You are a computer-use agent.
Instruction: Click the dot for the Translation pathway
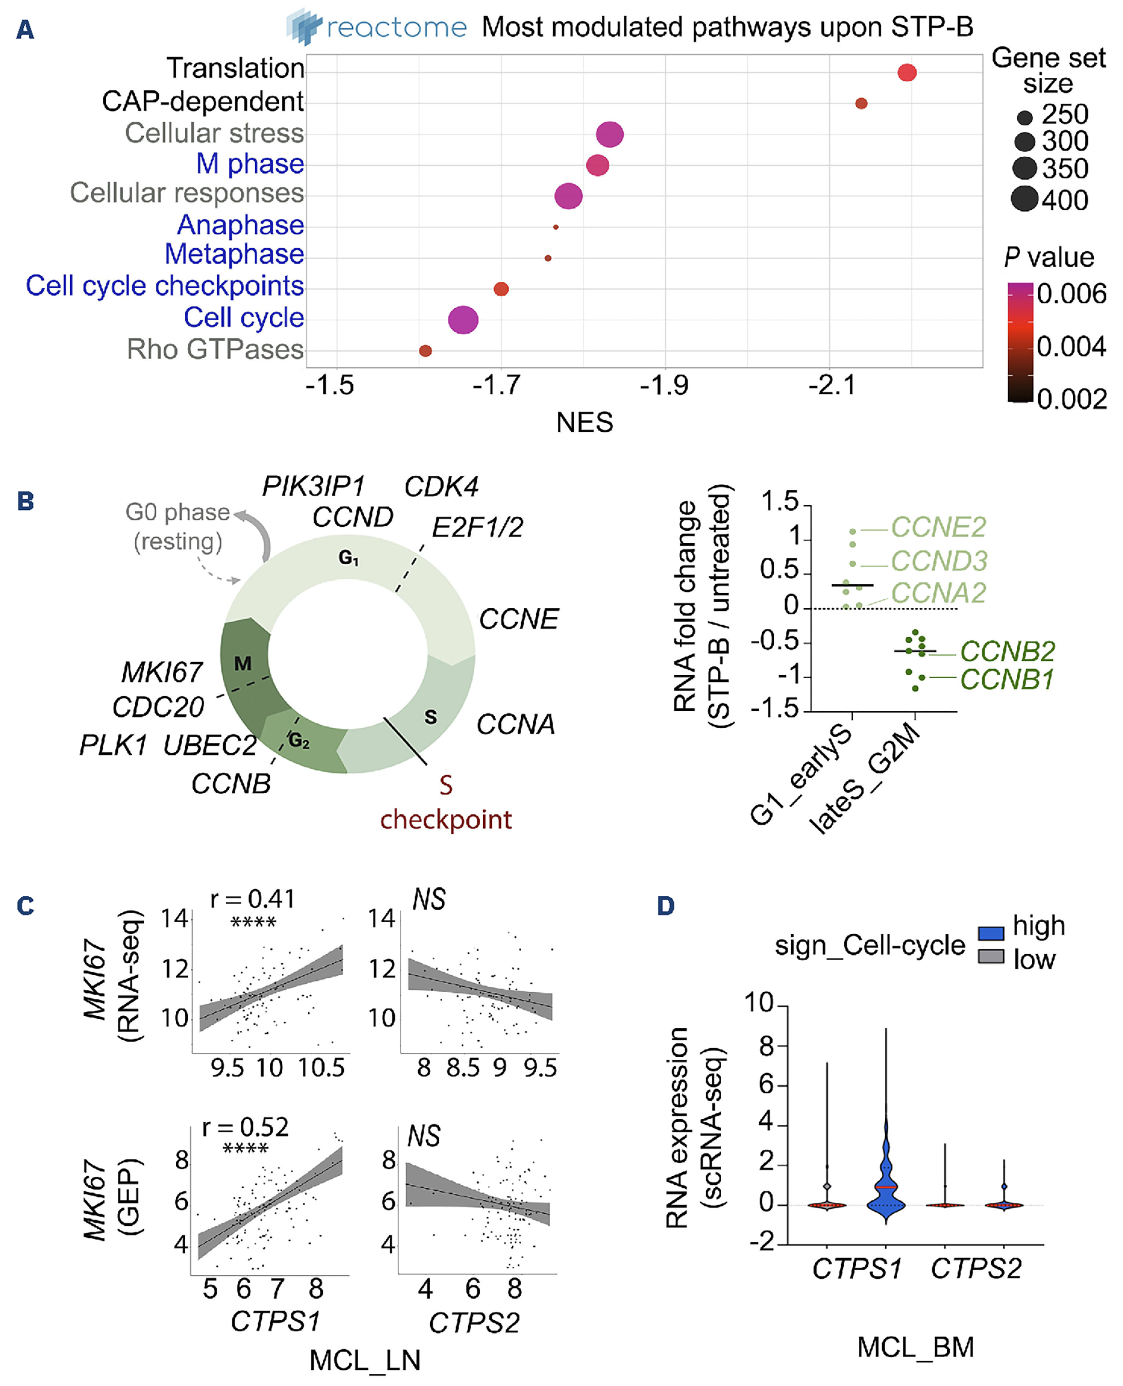pos(906,73)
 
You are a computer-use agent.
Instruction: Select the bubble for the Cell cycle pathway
pos(463,319)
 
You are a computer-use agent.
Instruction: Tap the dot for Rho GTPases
pos(425,350)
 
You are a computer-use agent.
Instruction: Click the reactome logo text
pos(396,27)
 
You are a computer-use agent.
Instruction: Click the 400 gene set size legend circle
pos(1024,199)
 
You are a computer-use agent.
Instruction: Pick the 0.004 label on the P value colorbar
pos(1071,347)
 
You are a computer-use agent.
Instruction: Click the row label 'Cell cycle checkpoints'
pos(164,285)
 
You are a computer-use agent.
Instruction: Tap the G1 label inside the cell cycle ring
pos(349,557)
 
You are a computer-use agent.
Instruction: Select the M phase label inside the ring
pos(243,663)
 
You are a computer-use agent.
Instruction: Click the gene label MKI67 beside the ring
pos(162,673)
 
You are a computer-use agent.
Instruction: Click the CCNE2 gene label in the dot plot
pos(938,527)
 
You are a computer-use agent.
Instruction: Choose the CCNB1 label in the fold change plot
pos(1007,679)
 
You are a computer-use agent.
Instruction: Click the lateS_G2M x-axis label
pos(864,779)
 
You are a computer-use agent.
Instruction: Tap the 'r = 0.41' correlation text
pos(253,898)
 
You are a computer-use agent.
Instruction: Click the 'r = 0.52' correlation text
pos(245,1127)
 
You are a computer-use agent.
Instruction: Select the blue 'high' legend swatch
pos(990,933)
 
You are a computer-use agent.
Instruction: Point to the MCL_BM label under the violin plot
pos(915,1347)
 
